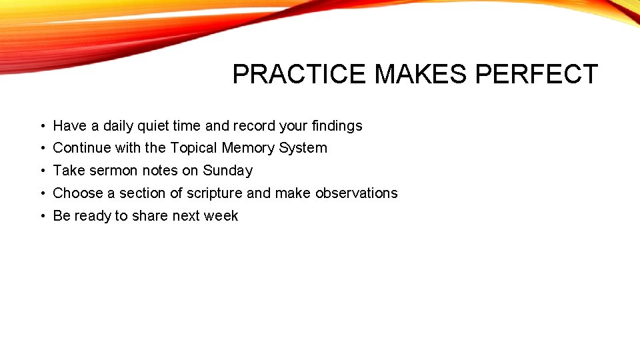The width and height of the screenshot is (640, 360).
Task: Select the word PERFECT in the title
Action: [x=537, y=74]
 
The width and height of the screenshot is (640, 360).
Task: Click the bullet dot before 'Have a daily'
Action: [x=41, y=126]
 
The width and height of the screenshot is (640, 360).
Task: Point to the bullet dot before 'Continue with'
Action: [x=41, y=149]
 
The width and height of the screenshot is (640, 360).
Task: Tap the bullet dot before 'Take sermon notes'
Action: [x=41, y=171]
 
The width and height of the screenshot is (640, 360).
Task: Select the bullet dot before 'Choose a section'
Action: [x=41, y=194]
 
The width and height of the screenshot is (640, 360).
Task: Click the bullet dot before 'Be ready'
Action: [x=41, y=217]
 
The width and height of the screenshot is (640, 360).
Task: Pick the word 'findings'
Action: [x=336, y=126]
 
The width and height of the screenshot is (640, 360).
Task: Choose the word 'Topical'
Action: [x=194, y=148]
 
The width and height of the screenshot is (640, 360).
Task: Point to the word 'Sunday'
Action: [x=228, y=171]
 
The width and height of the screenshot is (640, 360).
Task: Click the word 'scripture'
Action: [x=215, y=193]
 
